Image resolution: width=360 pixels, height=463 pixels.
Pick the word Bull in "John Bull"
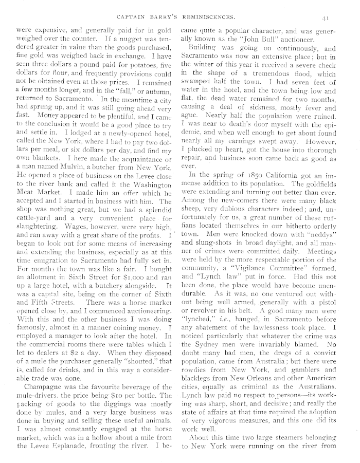pyautogui.click(x=257, y=41)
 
